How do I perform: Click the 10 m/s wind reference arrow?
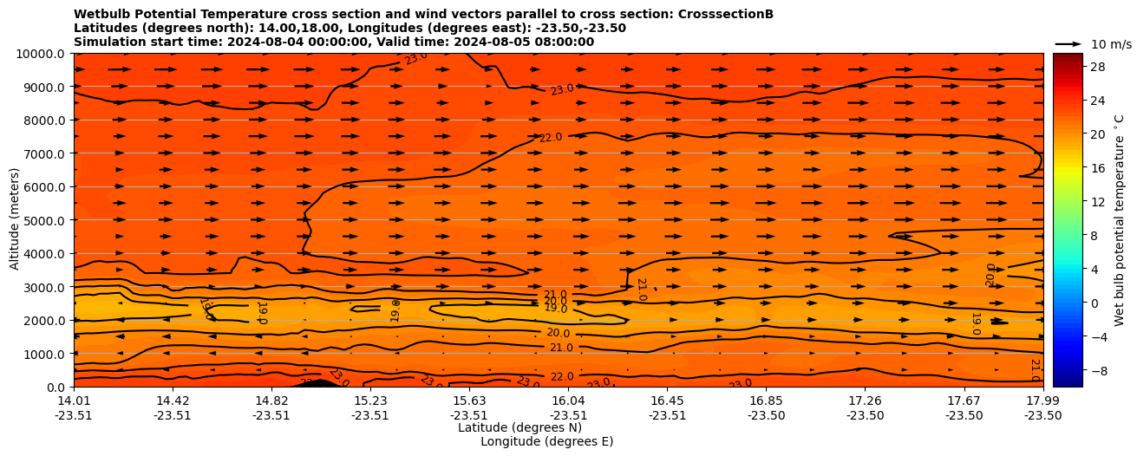pyautogui.click(x=1068, y=44)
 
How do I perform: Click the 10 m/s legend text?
pyautogui.click(x=1111, y=44)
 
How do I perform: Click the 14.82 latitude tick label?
pyautogui.click(x=271, y=401)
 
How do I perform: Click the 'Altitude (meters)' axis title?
pyautogui.click(x=15, y=219)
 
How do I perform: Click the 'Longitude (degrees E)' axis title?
pyautogui.click(x=546, y=441)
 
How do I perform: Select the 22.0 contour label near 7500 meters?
pyautogui.click(x=551, y=138)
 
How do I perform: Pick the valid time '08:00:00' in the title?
pyautogui.click(x=563, y=42)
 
